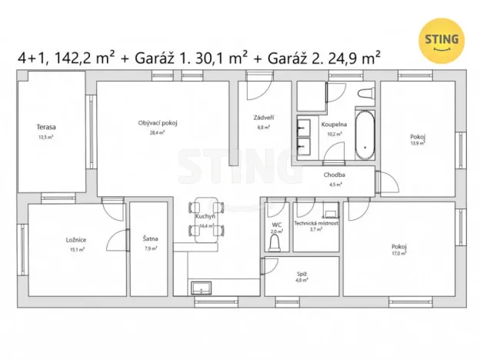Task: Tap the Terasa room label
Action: [47, 127]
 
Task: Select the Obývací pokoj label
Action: [158, 123]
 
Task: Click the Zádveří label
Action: [264, 118]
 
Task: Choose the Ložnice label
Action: [75, 240]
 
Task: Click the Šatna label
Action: [150, 239]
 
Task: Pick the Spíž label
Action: [302, 273]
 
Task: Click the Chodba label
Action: [334, 175]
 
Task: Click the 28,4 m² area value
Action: [158, 132]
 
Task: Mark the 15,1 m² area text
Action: [75, 248]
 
